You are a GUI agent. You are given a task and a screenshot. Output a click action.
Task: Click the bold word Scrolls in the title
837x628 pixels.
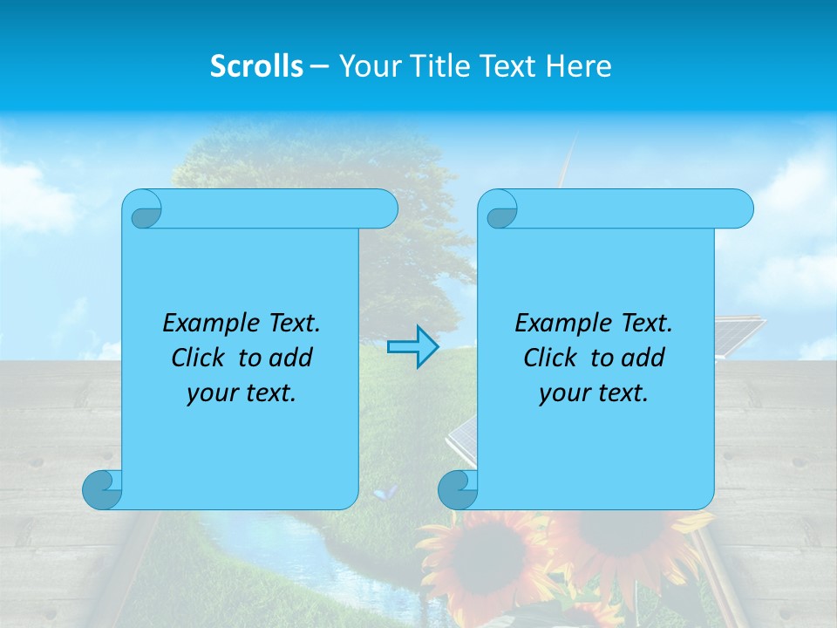pos(256,66)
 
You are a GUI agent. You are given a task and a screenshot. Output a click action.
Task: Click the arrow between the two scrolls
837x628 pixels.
pos(412,347)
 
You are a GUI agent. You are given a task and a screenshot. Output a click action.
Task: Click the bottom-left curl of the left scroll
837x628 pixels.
pos(102,489)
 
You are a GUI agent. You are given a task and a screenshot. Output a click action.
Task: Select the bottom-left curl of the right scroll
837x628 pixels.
pos(458,489)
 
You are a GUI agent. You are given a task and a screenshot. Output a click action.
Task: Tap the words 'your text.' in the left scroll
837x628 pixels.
pos(242,392)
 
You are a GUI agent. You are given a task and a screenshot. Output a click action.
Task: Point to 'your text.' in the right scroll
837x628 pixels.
pos(594,392)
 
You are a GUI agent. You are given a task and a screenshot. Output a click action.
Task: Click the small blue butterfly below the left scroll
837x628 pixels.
pos(384,493)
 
